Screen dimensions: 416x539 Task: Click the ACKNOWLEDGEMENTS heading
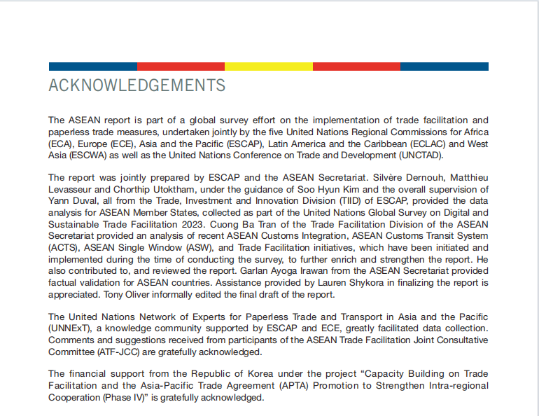click(x=137, y=85)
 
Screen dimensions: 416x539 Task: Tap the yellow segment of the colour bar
click(x=268, y=67)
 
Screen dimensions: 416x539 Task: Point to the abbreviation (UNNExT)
click(x=71, y=328)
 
